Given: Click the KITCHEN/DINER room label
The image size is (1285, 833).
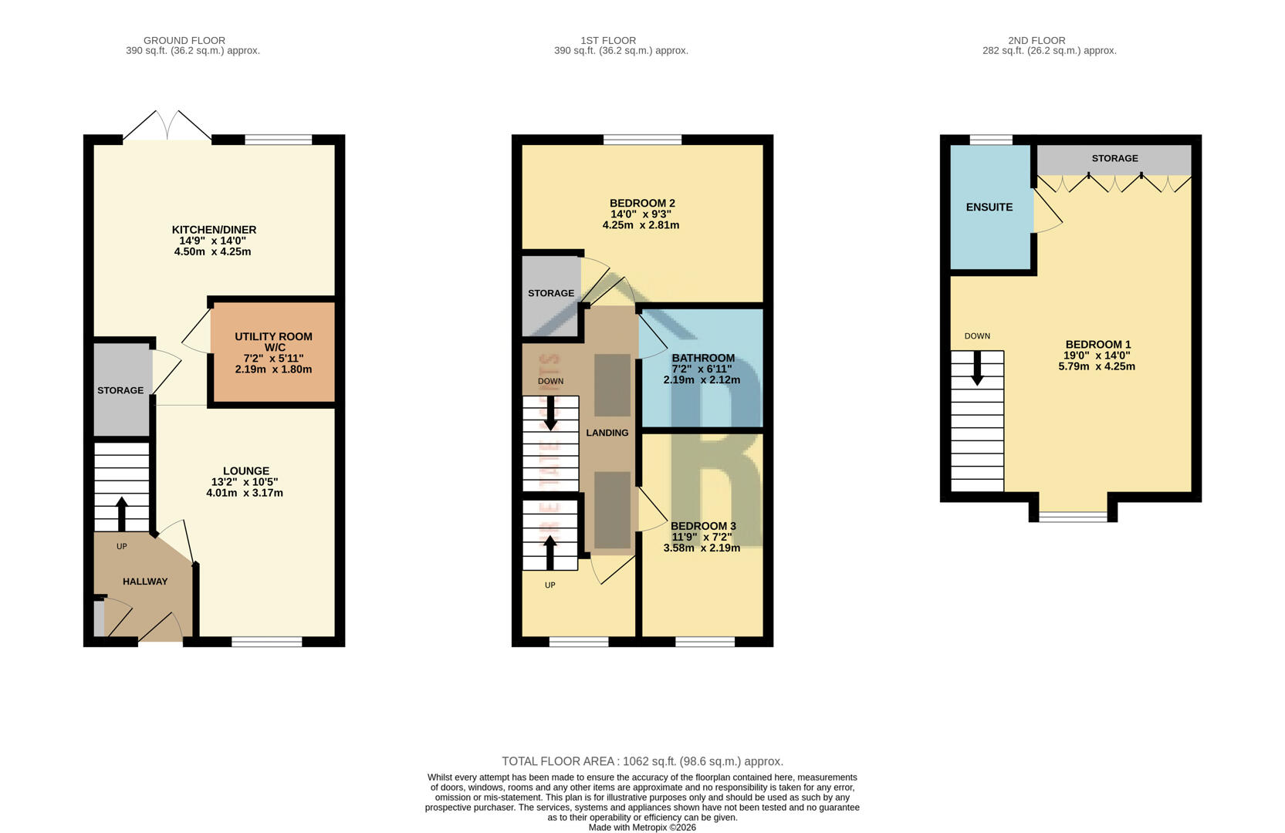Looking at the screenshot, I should pyautogui.click(x=214, y=230).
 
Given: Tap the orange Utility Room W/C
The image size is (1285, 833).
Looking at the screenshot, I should pyautogui.click(x=273, y=352).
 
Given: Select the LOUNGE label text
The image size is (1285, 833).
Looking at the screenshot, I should pyautogui.click(x=245, y=471).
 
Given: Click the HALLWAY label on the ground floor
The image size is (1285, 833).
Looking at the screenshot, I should pyautogui.click(x=145, y=582).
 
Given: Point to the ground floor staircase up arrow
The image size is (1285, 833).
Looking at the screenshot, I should pyautogui.click(x=122, y=513).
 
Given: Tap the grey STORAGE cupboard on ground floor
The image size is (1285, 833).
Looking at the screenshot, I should pyautogui.click(x=121, y=390).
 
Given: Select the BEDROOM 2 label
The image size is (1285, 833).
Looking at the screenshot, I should pyautogui.click(x=641, y=204).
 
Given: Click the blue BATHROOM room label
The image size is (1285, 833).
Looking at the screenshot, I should pyautogui.click(x=702, y=358).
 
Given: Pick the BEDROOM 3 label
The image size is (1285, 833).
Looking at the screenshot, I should pyautogui.click(x=702, y=526).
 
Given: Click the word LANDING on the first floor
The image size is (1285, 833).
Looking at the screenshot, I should pyautogui.click(x=607, y=433).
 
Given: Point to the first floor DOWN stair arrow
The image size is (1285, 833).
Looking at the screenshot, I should pyautogui.click(x=550, y=413).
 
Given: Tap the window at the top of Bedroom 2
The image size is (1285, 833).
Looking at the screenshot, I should pyautogui.click(x=642, y=140).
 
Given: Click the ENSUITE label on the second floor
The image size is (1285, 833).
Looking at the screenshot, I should pyautogui.click(x=989, y=207).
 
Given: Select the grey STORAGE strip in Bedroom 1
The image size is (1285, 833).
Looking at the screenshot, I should pyautogui.click(x=1114, y=159).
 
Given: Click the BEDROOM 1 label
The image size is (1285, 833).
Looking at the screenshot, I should pyautogui.click(x=1097, y=345).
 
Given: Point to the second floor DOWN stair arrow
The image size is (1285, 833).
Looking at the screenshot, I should pyautogui.click(x=977, y=369).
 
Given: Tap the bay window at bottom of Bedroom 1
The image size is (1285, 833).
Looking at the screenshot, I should pyautogui.click(x=1073, y=516).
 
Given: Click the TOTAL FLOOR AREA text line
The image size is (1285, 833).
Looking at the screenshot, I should pyautogui.click(x=642, y=761).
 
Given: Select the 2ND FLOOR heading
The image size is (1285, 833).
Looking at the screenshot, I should pyautogui.click(x=1036, y=40).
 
